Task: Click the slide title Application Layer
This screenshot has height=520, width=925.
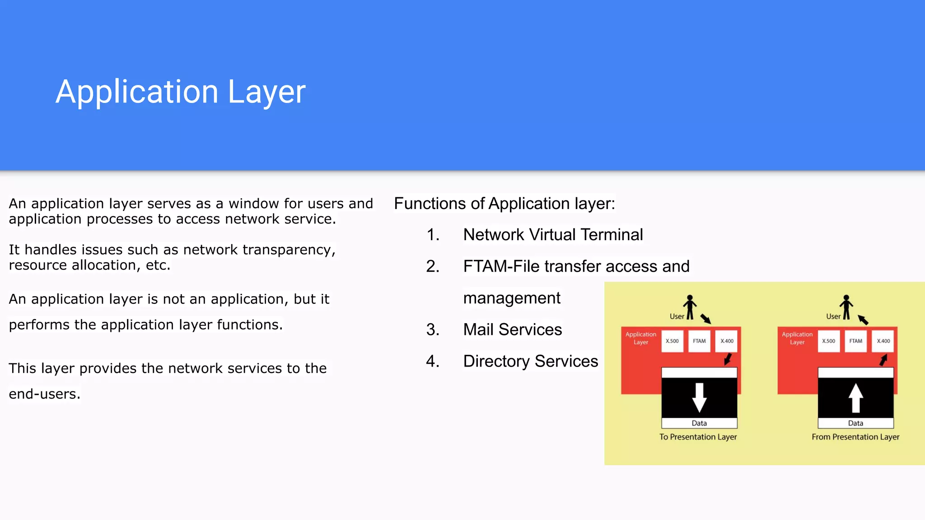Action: point(180,92)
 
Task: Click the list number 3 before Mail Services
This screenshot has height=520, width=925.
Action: point(432,330)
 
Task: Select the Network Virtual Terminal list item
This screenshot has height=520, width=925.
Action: point(553,235)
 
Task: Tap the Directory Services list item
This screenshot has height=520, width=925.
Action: point(530,361)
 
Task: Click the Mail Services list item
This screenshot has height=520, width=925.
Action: point(512,330)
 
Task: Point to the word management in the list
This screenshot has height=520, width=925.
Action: point(511,298)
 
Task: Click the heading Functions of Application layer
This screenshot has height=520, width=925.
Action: point(504,204)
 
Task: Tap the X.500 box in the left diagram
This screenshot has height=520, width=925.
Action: point(672,341)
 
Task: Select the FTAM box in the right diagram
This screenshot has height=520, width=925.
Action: point(855,341)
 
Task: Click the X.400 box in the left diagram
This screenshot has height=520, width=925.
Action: point(727,341)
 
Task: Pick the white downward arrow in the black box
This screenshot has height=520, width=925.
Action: point(699,397)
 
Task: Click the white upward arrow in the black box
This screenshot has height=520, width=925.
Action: point(855,397)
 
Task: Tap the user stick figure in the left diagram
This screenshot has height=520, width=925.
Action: point(690,307)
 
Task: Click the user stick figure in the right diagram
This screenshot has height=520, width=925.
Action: point(846,307)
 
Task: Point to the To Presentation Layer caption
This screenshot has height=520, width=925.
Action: point(698,437)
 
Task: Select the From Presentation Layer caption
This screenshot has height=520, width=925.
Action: point(855,437)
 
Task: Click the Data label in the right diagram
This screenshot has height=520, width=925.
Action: point(855,423)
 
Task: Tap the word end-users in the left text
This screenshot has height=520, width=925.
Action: point(44,394)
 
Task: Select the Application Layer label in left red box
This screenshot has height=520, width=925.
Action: point(640,338)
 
